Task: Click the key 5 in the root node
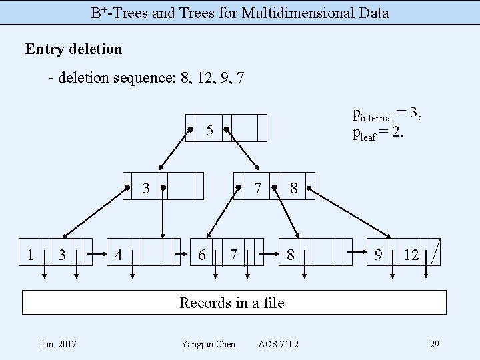[209, 130]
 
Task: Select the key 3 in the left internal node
[146, 188]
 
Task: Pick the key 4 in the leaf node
[119, 254]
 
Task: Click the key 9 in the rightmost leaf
[378, 254]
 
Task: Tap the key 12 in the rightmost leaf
[412, 254]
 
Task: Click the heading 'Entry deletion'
[73, 49]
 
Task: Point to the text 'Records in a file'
[232, 303]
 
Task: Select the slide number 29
[434, 344]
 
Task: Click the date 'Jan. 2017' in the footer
[58, 344]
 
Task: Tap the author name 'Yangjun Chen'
[208, 344]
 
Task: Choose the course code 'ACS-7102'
[279, 344]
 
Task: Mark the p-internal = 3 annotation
[387, 115]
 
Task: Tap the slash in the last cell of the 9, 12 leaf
[435, 253]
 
